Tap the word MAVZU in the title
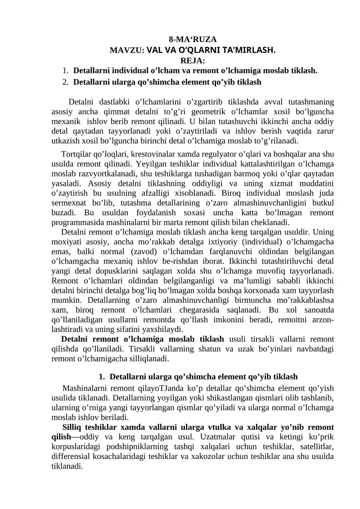tap(125, 50)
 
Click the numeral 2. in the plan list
tap(65, 82)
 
